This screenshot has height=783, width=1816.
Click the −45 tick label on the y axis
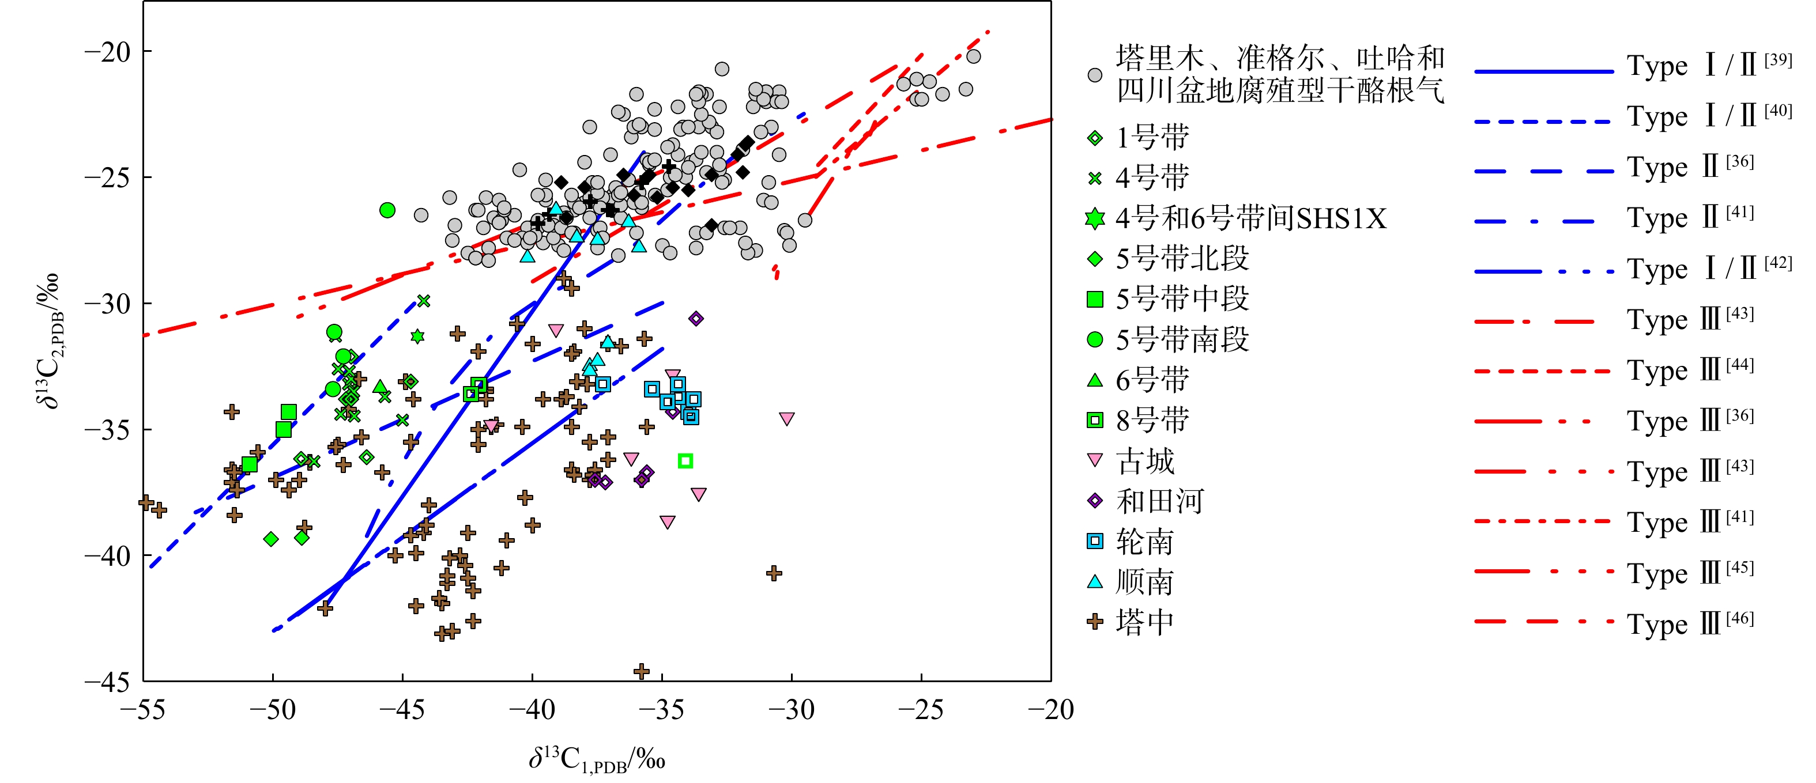click(108, 682)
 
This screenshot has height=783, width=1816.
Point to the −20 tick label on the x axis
click(1050, 710)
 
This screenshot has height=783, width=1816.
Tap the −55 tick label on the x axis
click(143, 710)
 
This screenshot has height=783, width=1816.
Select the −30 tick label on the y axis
click(108, 304)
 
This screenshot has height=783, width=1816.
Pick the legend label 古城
click(1146, 462)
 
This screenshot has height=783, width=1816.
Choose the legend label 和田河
click(1160, 502)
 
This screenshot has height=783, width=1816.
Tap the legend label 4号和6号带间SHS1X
click(1250, 218)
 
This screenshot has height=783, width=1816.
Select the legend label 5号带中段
click(1182, 299)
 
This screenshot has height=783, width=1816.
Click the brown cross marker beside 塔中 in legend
click(1095, 622)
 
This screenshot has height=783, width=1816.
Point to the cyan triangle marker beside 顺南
click(1095, 581)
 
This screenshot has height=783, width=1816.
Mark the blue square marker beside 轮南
click(1095, 541)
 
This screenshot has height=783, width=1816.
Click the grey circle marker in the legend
click(1095, 75)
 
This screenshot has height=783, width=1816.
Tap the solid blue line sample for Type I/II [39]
click(1544, 71)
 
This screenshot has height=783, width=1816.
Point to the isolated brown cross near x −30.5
click(774, 573)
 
